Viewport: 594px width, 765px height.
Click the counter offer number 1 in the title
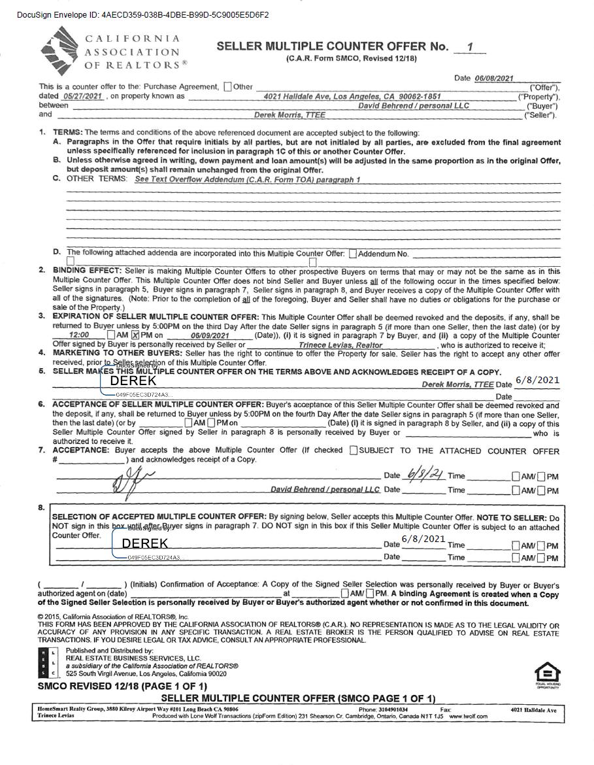point(468,47)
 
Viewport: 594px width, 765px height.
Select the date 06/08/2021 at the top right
point(494,78)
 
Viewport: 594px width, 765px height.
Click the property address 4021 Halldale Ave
point(352,96)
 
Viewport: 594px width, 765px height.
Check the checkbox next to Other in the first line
point(227,86)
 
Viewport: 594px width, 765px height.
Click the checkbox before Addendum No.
point(353,254)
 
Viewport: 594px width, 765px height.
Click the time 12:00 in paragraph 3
point(79,335)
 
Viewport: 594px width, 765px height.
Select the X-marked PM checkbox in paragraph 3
point(136,335)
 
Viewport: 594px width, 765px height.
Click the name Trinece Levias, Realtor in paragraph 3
point(340,345)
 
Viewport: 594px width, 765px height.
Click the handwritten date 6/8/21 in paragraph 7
point(422,474)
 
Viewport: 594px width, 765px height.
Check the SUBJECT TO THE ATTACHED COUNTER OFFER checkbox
point(354,450)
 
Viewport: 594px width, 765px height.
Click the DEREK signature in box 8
point(145,543)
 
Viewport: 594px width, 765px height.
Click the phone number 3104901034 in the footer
point(392,709)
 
